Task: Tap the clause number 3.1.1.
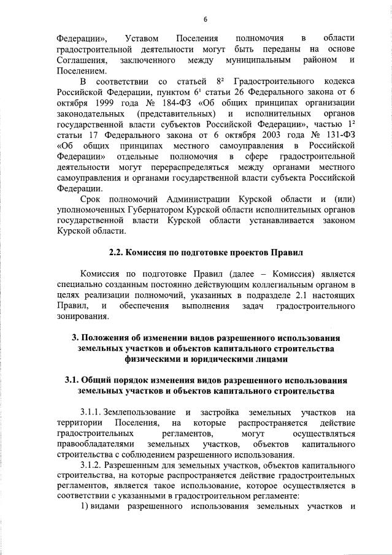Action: (91, 411)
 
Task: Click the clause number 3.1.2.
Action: (91, 465)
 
